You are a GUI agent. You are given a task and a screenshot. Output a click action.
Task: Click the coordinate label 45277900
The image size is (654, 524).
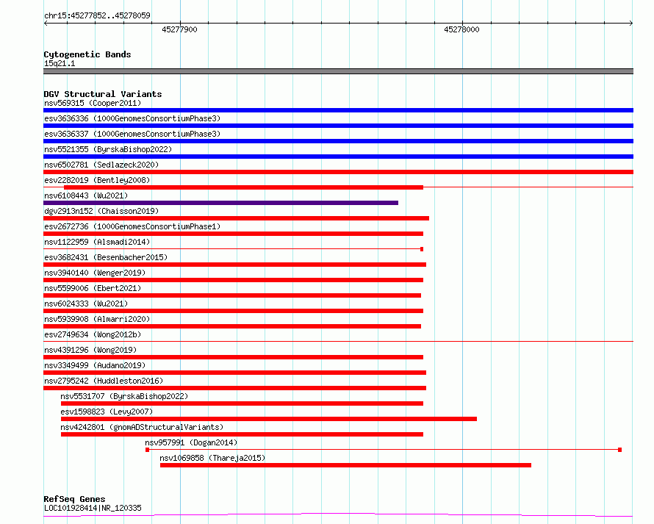pos(179,29)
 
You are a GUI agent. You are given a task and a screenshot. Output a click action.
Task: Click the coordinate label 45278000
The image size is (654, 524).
pos(461,29)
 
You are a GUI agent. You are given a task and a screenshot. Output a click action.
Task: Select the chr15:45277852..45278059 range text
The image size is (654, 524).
pos(97,15)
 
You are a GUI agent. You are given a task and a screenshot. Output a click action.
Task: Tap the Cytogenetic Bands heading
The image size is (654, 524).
pos(87,54)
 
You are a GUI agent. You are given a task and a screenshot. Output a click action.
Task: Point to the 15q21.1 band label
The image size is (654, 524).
pos(60,63)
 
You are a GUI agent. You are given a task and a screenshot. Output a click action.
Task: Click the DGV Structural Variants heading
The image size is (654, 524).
pos(103,94)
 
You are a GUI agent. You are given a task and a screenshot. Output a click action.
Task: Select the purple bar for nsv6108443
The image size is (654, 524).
pos(220,203)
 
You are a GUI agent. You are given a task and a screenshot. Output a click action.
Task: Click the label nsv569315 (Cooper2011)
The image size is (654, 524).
pos(93,103)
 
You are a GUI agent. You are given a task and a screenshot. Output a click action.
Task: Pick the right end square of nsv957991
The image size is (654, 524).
pos(619,450)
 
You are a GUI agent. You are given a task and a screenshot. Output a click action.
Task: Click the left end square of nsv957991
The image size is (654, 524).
pos(147,450)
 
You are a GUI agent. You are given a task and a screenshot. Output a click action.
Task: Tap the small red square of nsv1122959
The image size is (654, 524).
pos(422,249)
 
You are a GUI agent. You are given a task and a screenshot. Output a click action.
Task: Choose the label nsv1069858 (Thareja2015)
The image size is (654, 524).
pos(212,458)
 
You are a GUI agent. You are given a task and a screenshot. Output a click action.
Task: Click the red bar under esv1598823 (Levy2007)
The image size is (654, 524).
pos(269,419)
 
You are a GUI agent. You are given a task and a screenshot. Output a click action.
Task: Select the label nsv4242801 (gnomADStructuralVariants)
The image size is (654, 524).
pos(142,427)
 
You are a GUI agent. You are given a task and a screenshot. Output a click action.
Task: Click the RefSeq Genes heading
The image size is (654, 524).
pos(74,499)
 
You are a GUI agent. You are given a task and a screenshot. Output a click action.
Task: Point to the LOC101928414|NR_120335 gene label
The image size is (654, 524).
pos(93,508)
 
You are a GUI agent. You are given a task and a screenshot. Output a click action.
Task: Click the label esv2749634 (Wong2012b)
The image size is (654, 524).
pos(93,334)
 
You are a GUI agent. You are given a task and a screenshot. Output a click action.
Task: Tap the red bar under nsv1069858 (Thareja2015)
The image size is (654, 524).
pos(345,465)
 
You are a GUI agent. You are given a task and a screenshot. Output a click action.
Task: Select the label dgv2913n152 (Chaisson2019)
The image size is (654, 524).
pos(101,211)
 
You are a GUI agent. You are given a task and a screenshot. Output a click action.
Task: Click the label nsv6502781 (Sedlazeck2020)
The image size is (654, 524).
pos(101,165)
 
